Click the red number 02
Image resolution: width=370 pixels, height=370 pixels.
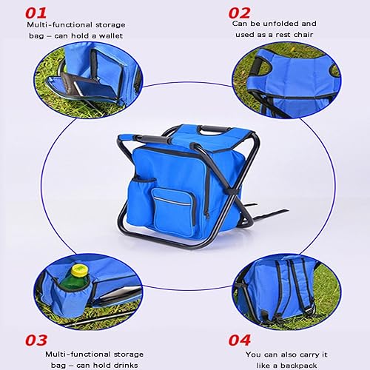tap(240, 13)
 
